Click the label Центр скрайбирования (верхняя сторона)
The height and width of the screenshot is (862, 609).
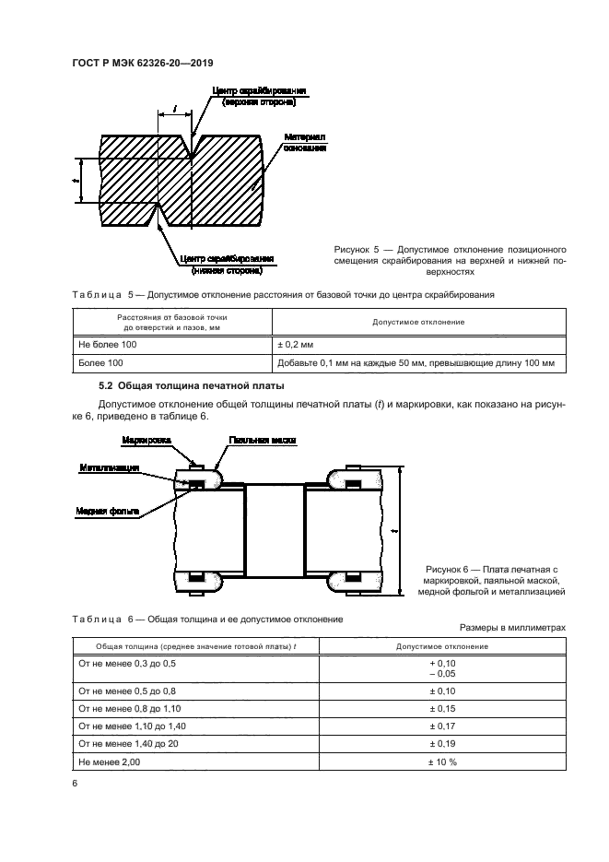click(259, 97)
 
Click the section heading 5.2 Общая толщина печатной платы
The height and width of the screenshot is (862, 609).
click(192, 385)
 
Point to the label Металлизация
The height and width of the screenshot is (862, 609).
click(108, 469)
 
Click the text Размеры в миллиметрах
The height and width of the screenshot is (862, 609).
click(511, 627)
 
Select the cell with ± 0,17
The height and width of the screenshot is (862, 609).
click(441, 727)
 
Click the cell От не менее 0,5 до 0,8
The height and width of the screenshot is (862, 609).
click(127, 691)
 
